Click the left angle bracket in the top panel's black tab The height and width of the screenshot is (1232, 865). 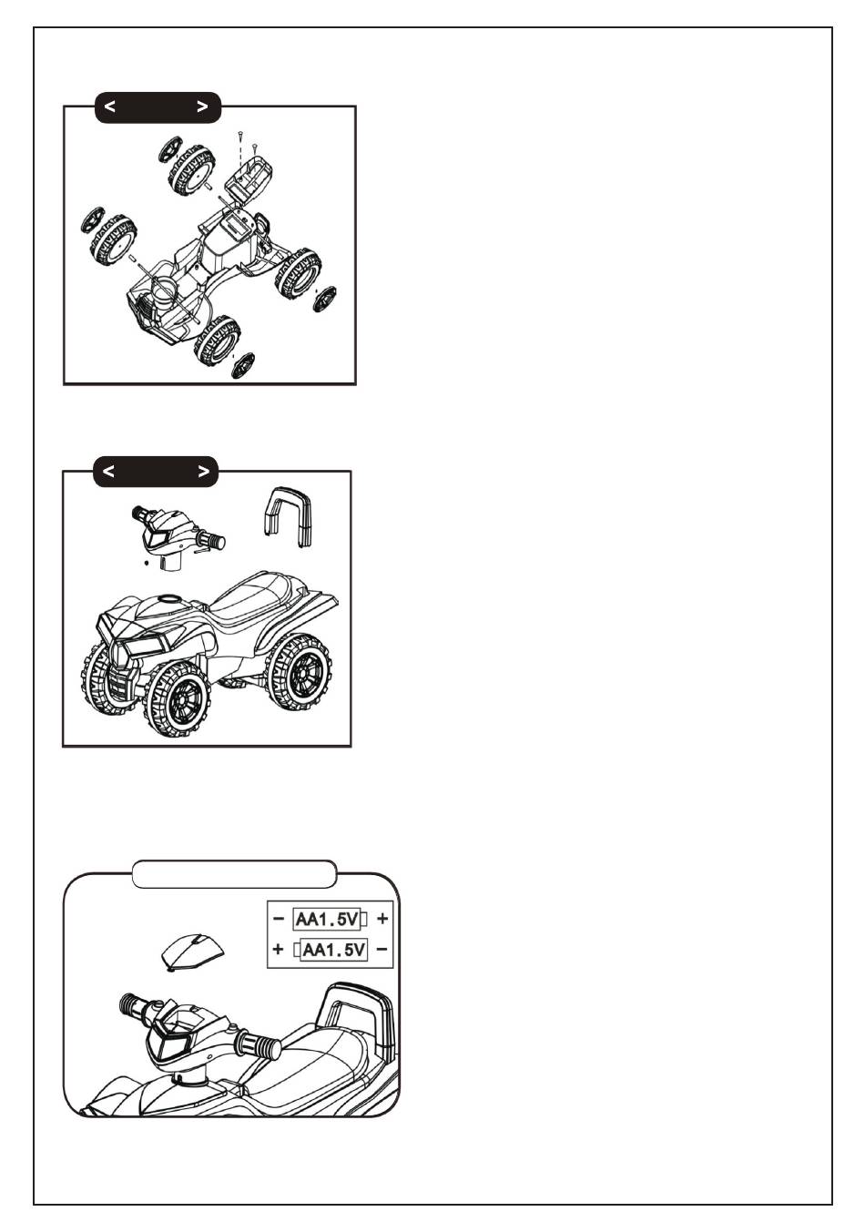[109, 107]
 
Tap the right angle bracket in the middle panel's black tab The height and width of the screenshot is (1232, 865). [203, 472]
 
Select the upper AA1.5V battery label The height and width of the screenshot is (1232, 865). [327, 919]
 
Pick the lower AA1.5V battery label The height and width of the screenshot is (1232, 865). [334, 950]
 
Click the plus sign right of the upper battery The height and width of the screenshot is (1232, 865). [382, 919]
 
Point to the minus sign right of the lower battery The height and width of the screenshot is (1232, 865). [382, 950]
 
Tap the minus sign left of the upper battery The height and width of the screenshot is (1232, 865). [279, 919]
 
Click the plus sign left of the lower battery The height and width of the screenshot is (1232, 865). [279, 950]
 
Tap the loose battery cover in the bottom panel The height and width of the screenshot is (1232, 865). [192, 952]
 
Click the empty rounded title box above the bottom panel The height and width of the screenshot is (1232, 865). [234, 874]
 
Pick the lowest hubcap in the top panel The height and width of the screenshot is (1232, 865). [242, 365]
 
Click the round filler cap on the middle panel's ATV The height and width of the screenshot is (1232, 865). [168, 598]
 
